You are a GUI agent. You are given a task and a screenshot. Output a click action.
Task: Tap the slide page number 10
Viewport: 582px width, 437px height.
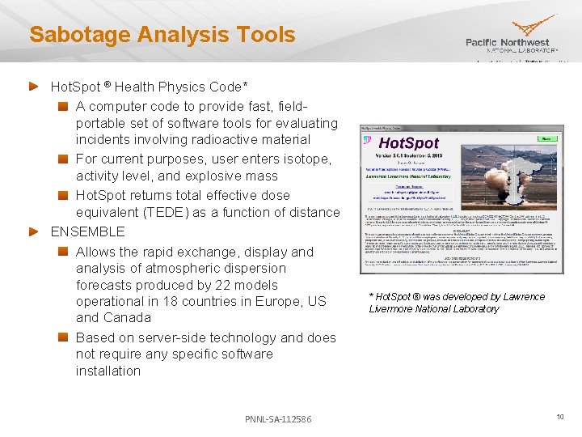coord(559,417)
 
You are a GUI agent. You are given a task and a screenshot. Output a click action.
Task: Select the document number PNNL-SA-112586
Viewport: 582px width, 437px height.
coord(278,418)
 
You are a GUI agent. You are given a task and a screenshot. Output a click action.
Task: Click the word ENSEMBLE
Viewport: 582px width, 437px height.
coord(88,231)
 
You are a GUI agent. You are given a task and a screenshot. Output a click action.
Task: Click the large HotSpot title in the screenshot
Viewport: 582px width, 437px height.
coord(410,143)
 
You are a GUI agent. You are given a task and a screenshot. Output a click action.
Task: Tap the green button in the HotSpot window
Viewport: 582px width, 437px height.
coord(546,138)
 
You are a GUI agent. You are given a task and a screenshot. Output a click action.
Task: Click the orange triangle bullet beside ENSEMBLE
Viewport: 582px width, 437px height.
coord(34,231)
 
